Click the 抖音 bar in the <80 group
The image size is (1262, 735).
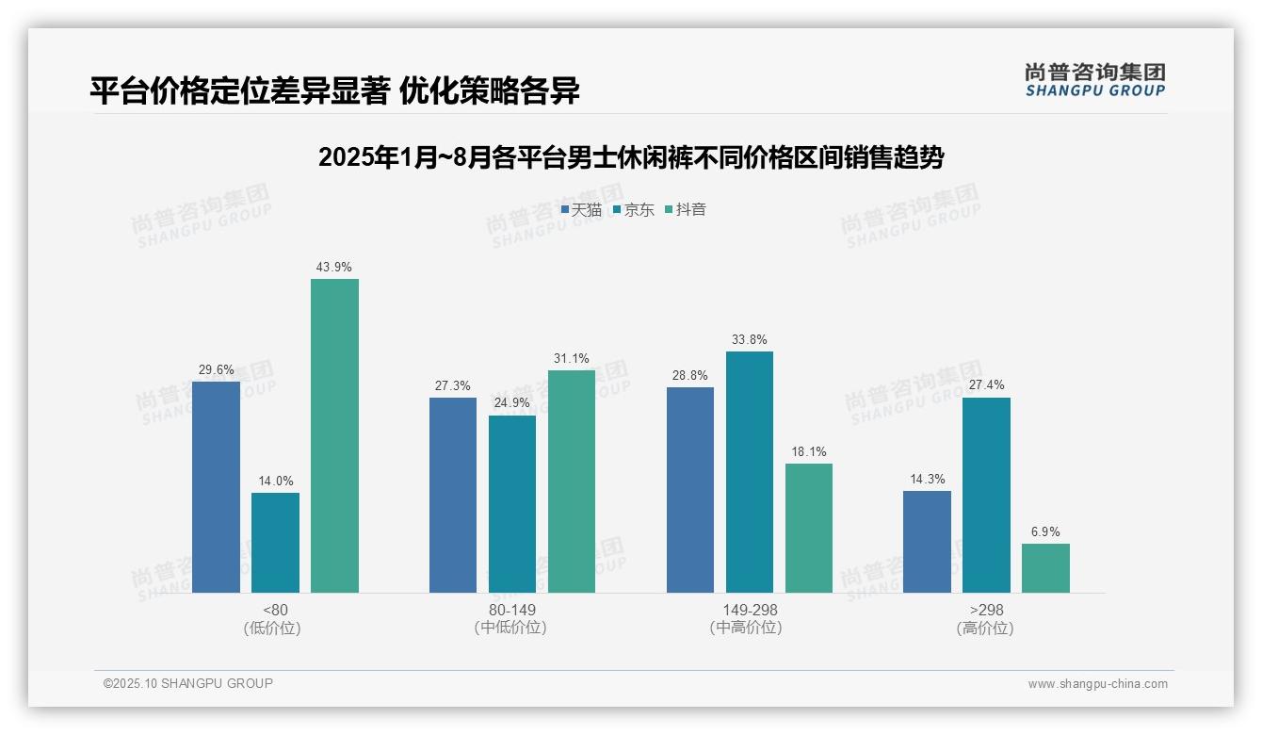click(x=334, y=435)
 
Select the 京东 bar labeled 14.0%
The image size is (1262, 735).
click(x=275, y=542)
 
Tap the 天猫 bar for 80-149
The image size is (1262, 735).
click(x=453, y=495)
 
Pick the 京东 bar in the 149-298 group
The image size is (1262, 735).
click(x=750, y=471)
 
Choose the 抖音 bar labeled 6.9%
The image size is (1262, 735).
click(x=1045, y=567)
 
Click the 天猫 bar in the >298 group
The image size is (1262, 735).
click(x=927, y=541)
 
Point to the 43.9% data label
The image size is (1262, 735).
click(x=334, y=267)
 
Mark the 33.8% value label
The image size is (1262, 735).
click(x=750, y=339)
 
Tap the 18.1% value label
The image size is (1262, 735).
click(x=809, y=451)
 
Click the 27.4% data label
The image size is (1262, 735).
click(x=986, y=385)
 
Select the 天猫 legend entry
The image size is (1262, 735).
click(x=581, y=209)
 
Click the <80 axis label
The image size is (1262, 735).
click(x=275, y=610)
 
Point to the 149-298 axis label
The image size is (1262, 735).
click(x=750, y=610)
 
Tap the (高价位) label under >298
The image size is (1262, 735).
click(x=985, y=629)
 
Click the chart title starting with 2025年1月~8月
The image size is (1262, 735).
click(x=631, y=157)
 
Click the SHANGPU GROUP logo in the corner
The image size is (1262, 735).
click(x=1094, y=79)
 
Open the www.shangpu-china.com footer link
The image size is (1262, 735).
click(x=1097, y=684)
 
